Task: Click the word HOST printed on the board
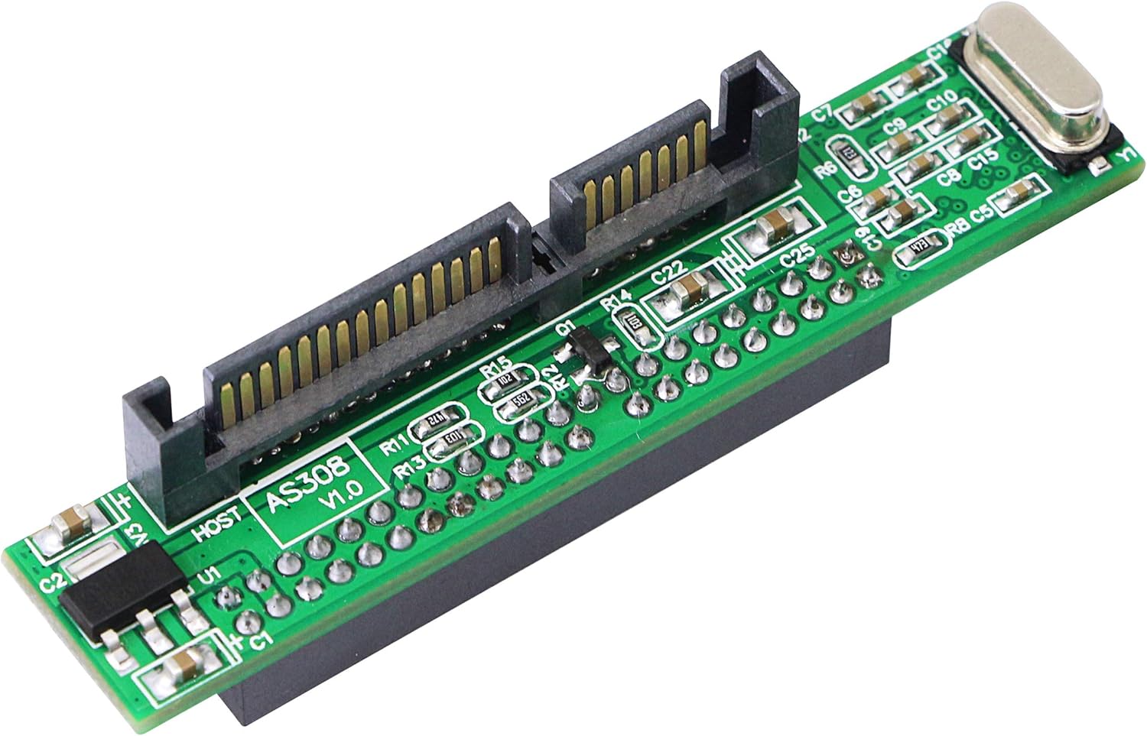click(x=219, y=525)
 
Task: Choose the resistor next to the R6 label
click(x=850, y=154)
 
